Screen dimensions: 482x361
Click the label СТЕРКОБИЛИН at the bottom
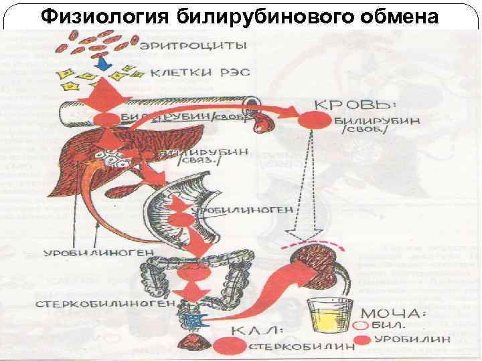click(x=287, y=347)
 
